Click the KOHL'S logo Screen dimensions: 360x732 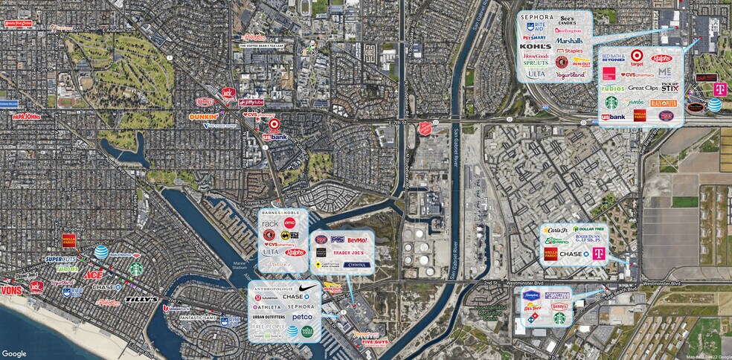pos(536,46)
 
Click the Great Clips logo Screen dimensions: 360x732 pos(643,88)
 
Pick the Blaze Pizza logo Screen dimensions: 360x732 pos(664,103)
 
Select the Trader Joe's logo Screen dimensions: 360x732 pos(352,253)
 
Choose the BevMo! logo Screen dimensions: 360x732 pos(358,240)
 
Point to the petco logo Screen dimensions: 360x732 pos(302,317)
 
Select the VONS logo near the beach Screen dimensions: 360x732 pos(11,290)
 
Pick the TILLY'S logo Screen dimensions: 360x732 pos(141,299)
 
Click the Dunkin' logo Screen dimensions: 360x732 pos(203,116)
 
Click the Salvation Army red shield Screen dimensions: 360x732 pos(425,129)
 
